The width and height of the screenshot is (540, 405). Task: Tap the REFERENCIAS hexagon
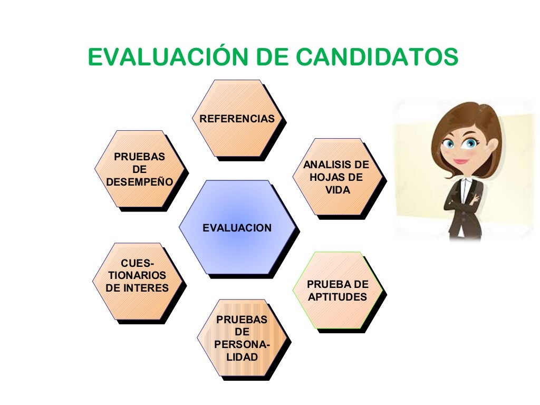(237, 119)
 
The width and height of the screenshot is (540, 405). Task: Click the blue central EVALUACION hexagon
(237, 228)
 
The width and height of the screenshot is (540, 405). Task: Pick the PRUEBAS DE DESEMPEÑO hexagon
(140, 170)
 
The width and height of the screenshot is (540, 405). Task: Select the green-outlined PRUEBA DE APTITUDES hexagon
(337, 291)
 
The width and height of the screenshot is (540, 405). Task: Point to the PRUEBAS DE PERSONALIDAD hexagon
(242, 339)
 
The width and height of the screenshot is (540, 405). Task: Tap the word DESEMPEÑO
(140, 182)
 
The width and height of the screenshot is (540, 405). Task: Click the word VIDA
(337, 190)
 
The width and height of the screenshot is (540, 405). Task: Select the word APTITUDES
(337, 297)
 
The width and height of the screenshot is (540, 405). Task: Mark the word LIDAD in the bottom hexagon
(242, 358)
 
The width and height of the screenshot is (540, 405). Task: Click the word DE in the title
(276, 57)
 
